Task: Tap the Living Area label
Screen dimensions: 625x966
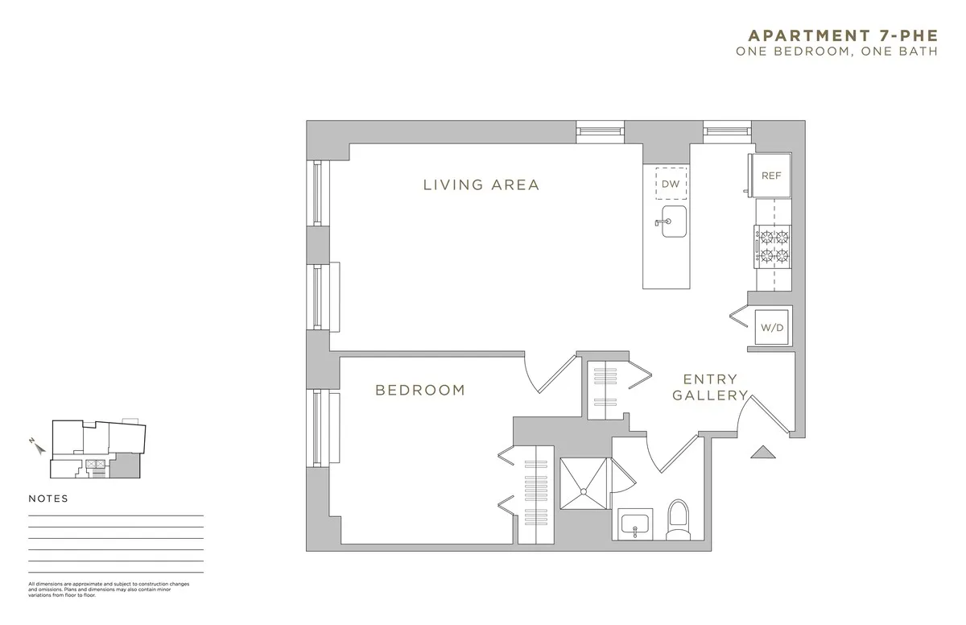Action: point(481,185)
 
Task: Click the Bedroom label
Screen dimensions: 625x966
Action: point(420,391)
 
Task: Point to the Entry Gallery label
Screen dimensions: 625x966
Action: point(710,387)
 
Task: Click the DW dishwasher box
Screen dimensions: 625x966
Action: point(671,184)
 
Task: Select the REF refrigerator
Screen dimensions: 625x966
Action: point(770,176)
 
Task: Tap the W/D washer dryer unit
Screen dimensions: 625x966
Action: point(771,327)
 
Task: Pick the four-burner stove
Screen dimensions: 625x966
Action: point(773,246)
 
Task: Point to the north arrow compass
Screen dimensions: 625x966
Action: point(34,445)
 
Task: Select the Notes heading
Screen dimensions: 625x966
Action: point(48,499)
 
